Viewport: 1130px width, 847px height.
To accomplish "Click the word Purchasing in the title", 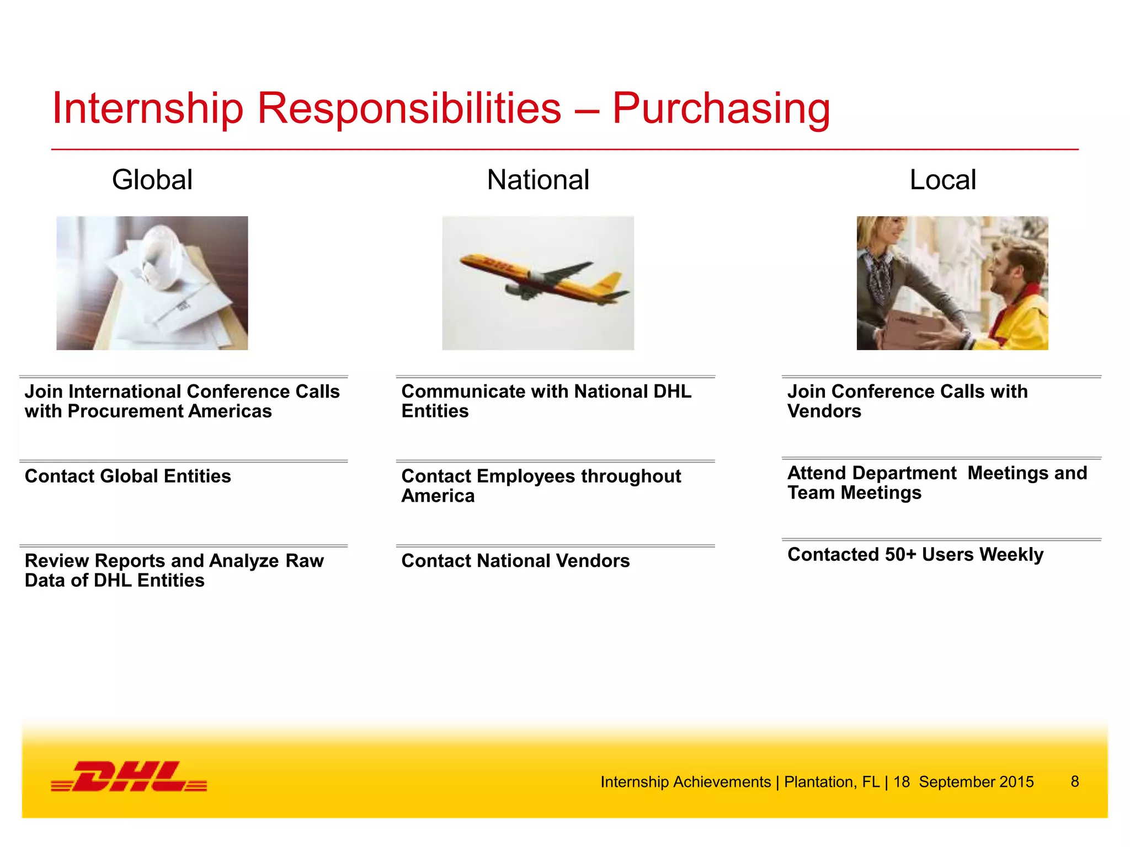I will pyautogui.click(x=721, y=108).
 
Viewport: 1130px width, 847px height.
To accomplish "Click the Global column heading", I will pyautogui.click(x=152, y=180).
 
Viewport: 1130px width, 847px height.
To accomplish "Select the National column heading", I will pyautogui.click(x=538, y=180).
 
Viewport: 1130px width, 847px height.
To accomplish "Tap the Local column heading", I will pyautogui.click(x=942, y=180).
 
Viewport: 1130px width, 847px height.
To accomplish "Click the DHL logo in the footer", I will pyautogui.click(x=129, y=776).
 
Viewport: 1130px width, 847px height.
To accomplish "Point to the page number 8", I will pyautogui.click(x=1074, y=781).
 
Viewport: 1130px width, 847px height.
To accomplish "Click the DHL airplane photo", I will pyautogui.click(x=538, y=282).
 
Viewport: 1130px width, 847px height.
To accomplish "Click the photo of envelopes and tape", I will pyautogui.click(x=152, y=282).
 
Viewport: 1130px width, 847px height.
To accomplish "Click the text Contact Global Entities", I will pyautogui.click(x=127, y=476).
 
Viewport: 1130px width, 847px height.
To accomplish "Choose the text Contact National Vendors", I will pyautogui.click(x=515, y=561).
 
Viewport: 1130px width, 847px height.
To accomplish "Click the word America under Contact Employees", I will pyautogui.click(x=438, y=496).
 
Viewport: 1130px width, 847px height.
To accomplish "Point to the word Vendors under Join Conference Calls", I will pyautogui.click(x=824, y=411).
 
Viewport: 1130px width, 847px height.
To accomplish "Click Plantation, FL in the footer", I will pyautogui.click(x=831, y=782).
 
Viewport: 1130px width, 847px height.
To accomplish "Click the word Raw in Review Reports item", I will pyautogui.click(x=305, y=561).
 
